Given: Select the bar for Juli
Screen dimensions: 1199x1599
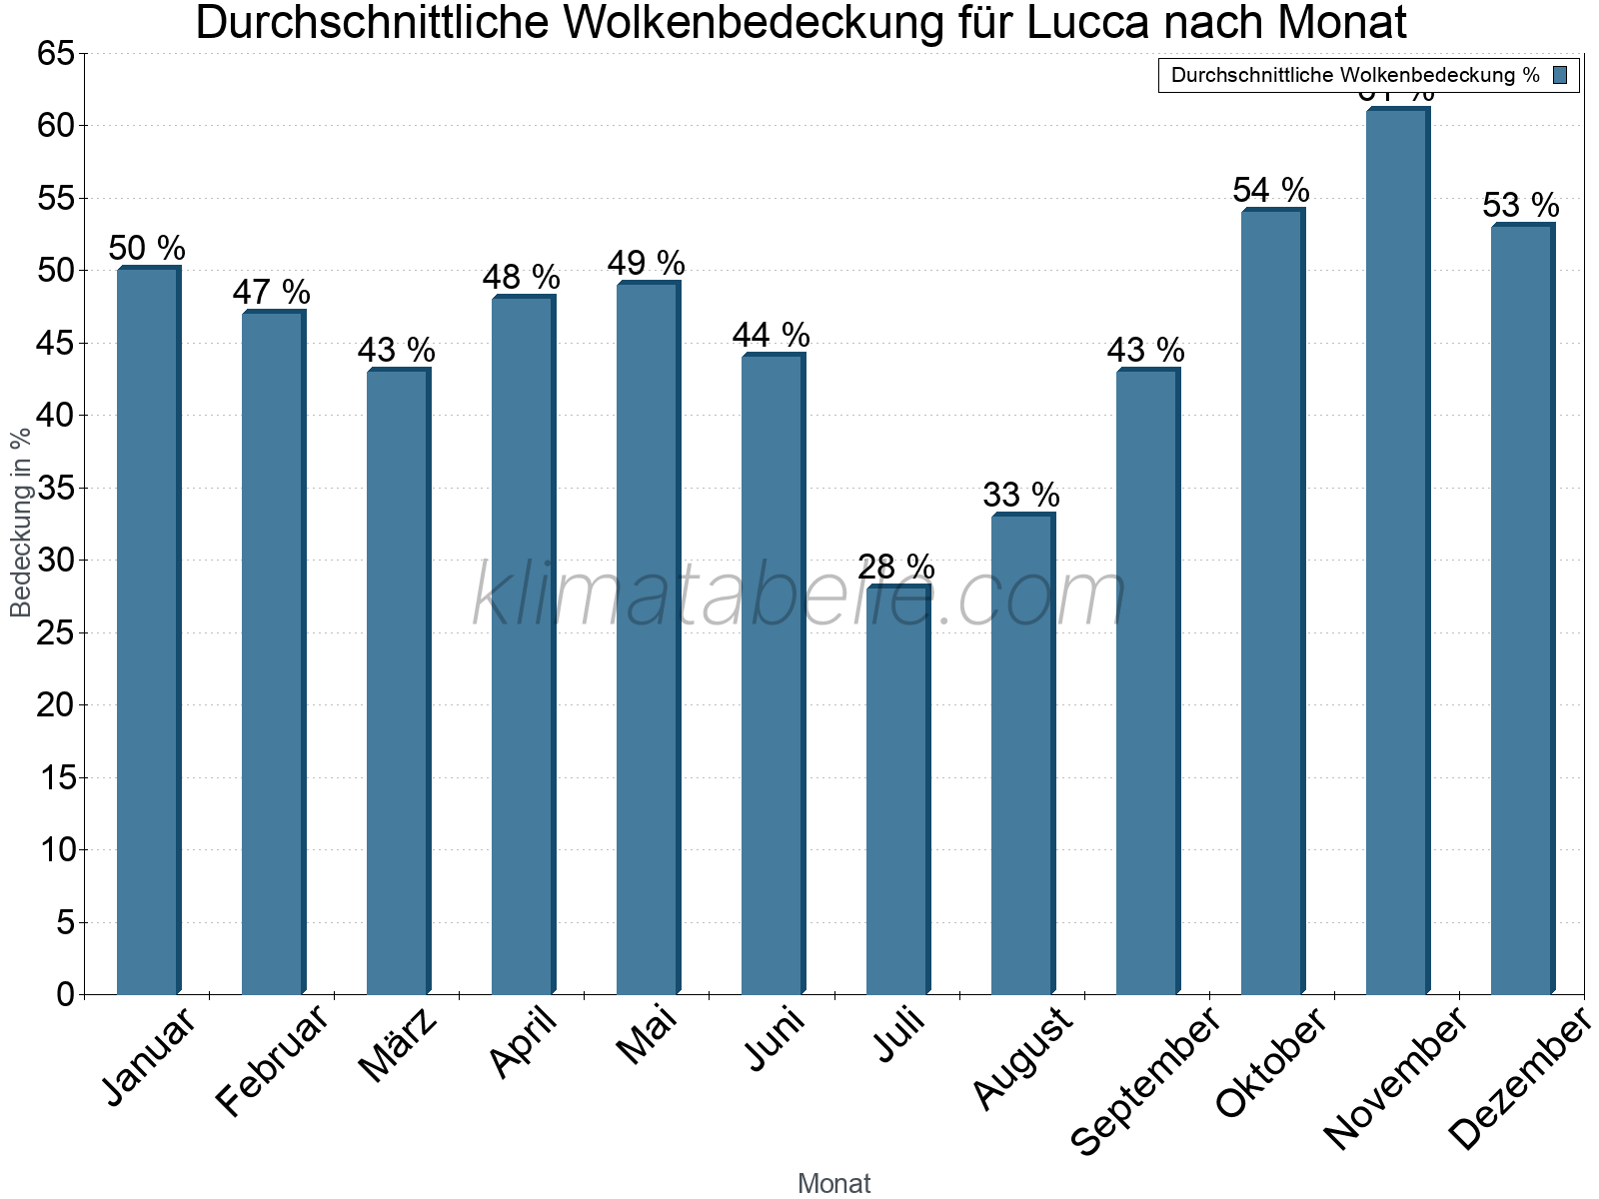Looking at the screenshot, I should click(897, 789).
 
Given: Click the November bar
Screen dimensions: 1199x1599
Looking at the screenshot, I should click(1397, 550).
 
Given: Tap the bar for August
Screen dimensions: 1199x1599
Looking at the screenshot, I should click(1022, 754).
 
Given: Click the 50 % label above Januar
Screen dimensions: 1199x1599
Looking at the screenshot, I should click(147, 248).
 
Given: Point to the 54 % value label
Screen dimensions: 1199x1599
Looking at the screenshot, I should click(1271, 190).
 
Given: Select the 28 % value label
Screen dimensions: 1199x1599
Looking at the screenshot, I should click(896, 568).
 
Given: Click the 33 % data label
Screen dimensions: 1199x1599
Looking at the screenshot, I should click(1021, 495).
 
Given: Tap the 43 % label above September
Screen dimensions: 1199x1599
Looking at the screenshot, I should click(1146, 350).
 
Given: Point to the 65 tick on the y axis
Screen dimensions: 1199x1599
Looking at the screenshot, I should click(56, 53).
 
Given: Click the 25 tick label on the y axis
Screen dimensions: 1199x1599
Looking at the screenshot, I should click(56, 632).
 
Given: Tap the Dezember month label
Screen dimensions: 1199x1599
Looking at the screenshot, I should click(1519, 1079).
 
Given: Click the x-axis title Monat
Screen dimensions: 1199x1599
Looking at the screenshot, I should click(834, 1184).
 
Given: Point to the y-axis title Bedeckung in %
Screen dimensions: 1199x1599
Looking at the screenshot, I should click(20, 523).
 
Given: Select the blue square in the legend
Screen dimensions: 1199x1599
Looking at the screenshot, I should click(1561, 75).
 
